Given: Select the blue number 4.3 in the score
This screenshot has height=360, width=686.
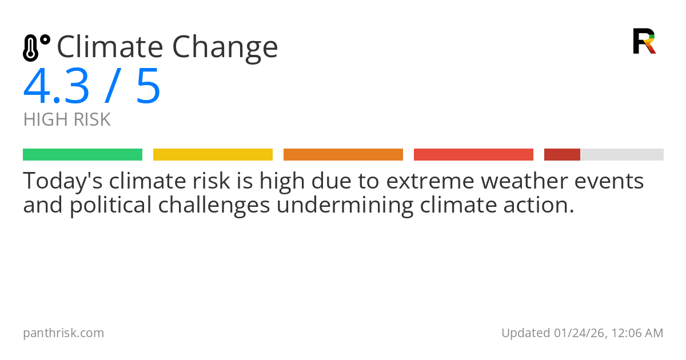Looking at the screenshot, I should point(56,87).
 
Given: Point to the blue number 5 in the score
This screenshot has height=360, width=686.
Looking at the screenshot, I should point(148,87).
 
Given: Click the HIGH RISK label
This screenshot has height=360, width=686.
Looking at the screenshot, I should point(67,120).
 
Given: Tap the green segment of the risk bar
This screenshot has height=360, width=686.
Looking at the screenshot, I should point(82,155).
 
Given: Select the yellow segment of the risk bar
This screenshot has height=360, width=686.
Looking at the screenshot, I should point(213,155).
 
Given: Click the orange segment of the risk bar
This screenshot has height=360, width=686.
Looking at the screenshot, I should point(343,155).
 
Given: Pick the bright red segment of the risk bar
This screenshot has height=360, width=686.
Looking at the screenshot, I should point(473,155).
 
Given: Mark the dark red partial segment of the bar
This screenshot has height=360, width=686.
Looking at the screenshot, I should point(562,155).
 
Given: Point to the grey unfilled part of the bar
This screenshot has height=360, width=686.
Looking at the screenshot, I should point(622,155).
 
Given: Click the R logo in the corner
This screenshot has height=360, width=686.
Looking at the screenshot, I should point(644,41).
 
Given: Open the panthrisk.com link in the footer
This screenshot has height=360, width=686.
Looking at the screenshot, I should point(63,333).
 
